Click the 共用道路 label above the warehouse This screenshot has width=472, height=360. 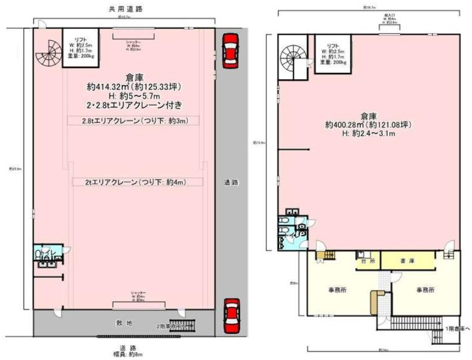click(125, 10)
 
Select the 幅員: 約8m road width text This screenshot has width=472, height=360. click(126, 354)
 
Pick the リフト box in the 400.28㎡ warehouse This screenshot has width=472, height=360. click(333, 54)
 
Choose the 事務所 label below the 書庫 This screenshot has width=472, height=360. click(426, 289)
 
